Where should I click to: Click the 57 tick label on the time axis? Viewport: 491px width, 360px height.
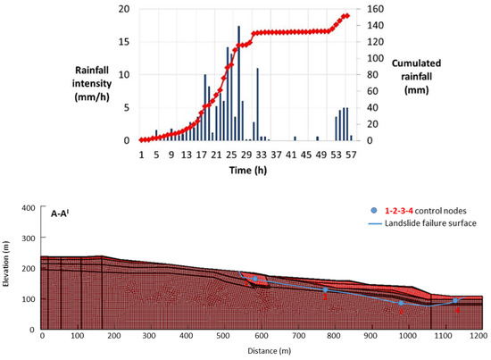pos(351,153)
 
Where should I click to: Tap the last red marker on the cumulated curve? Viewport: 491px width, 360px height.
pos(347,15)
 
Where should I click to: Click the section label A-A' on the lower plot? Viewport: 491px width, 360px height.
pos(59,214)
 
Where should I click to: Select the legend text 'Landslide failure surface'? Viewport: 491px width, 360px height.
pos(430,222)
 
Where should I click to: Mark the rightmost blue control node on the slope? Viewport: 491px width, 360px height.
pos(454,300)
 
